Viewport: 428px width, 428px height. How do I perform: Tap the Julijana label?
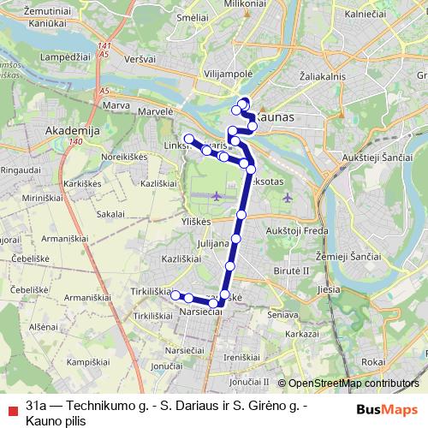coord(214,242)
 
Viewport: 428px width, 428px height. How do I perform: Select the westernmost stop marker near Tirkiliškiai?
coord(175,295)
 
